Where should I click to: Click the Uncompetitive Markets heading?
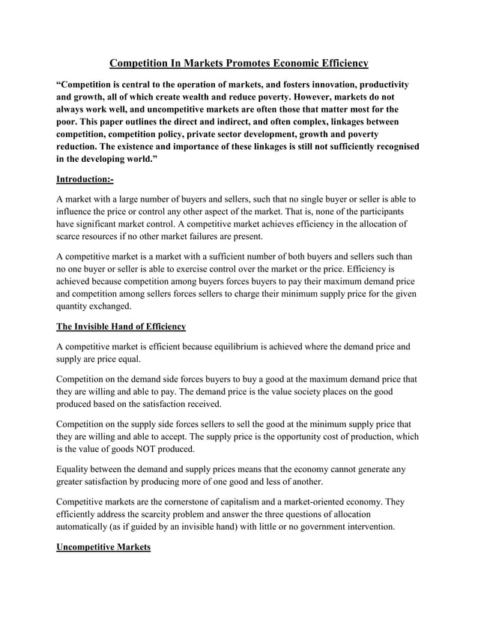coord(103,548)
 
